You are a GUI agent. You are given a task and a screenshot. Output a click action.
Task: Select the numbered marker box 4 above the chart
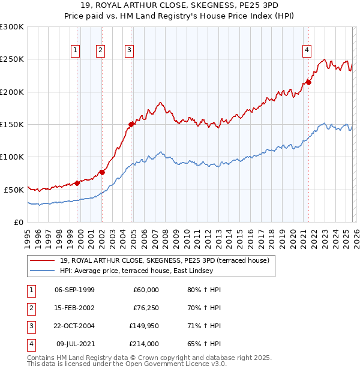pos(307,51)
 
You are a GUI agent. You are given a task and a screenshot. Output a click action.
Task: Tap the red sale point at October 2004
pos(131,124)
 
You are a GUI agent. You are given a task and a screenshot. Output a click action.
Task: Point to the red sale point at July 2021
pos(309,82)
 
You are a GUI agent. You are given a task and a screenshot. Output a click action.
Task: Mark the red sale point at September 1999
pos(77,183)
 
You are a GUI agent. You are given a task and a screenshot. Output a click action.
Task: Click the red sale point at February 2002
pos(102,172)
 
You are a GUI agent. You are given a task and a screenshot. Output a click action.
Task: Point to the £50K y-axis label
pos(14,190)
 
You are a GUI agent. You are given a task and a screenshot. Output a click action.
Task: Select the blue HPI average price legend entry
pos(136,271)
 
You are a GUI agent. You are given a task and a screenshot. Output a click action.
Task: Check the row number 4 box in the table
pos(30,344)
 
